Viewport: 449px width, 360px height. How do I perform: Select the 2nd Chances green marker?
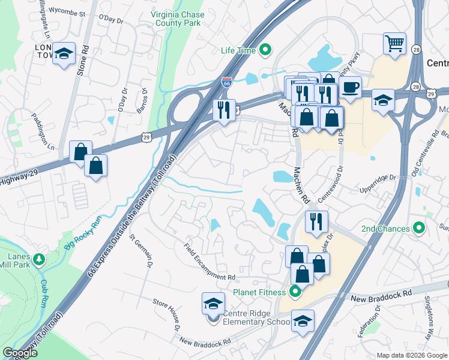(x=420, y=229)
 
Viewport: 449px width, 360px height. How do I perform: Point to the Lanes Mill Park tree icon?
(x=39, y=259)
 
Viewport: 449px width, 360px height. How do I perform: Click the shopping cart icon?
(x=394, y=43)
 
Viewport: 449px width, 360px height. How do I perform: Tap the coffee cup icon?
(x=350, y=88)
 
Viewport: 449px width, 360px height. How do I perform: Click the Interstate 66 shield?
(x=226, y=83)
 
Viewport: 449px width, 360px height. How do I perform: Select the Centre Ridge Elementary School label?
(x=257, y=317)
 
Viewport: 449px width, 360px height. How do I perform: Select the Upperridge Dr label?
(x=379, y=178)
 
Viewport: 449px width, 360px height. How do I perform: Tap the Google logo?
(x=20, y=353)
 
